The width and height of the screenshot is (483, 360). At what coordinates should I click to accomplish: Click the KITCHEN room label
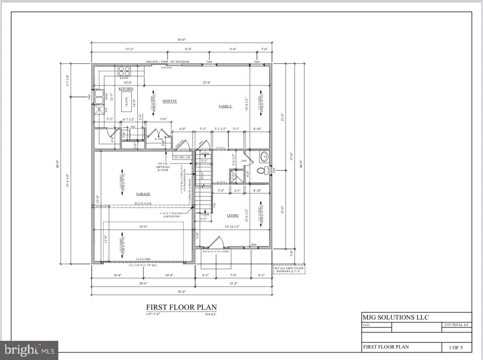(126, 89)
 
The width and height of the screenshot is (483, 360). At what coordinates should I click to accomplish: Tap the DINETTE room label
(170, 101)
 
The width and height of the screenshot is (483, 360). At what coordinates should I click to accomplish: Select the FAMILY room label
(225, 106)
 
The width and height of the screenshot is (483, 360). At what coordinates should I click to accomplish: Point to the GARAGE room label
(143, 194)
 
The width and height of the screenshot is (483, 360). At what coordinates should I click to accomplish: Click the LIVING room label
(232, 216)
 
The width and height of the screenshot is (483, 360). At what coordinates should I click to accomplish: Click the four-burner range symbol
(124, 71)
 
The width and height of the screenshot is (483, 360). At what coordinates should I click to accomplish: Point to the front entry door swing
(215, 242)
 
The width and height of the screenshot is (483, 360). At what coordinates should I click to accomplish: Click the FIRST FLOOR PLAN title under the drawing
(181, 307)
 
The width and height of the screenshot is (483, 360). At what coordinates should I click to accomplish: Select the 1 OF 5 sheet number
(455, 348)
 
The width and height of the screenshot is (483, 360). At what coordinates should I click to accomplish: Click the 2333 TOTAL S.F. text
(456, 325)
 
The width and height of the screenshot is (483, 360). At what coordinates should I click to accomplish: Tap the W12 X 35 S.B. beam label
(143, 204)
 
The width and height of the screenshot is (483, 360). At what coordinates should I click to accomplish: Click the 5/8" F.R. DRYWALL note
(163, 167)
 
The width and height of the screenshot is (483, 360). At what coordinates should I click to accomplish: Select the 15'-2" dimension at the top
(119, 49)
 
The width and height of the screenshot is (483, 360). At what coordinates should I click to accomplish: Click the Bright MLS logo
(29, 351)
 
